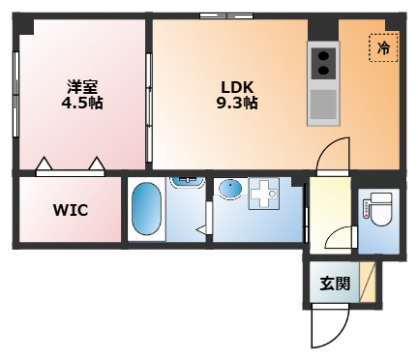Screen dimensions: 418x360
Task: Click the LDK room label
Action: tap(237, 87)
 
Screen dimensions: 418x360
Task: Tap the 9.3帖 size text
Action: tap(237, 104)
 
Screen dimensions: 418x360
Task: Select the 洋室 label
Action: tap(82, 86)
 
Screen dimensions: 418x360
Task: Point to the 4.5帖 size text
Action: tap(82, 104)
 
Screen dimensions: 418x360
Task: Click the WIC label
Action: tap(71, 210)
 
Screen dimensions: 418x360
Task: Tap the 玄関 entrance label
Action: tap(335, 284)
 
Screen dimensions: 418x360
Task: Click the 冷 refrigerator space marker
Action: tap(384, 48)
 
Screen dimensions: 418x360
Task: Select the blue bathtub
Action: tap(146, 209)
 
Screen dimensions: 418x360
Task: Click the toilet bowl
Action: tap(381, 211)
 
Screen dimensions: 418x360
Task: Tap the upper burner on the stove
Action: tap(323, 56)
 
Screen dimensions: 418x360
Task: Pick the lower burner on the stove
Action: tap(323, 70)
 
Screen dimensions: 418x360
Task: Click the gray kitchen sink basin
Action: tap(323, 105)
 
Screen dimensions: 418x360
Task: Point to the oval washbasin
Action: tap(230, 188)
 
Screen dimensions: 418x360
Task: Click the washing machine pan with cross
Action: tap(264, 194)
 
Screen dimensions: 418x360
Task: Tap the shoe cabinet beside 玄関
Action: tap(368, 283)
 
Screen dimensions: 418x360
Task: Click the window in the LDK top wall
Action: tap(226, 15)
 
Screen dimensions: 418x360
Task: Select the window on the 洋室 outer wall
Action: tap(15, 94)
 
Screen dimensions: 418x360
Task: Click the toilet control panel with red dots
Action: tap(367, 209)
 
